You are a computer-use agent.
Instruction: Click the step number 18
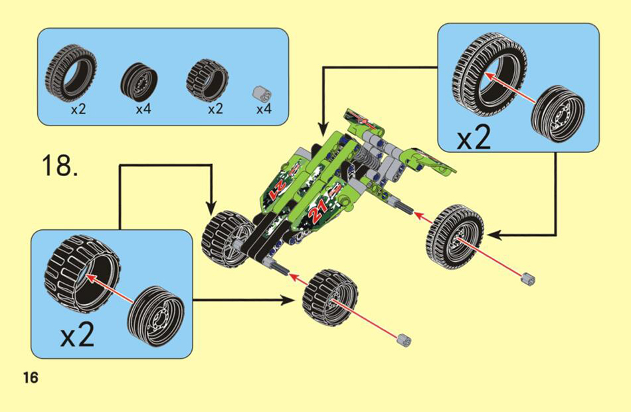(60, 164)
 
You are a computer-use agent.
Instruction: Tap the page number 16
(31, 377)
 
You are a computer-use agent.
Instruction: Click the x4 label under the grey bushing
(264, 109)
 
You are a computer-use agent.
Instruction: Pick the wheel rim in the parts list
(138, 80)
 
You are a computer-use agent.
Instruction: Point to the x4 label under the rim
(143, 109)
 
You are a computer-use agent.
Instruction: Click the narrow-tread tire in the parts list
(71, 72)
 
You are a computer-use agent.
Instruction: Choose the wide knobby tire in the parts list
(207, 79)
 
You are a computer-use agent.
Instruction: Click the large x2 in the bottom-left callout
(78, 334)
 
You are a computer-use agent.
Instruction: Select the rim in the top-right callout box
(557, 113)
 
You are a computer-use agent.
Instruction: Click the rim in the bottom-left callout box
(155, 316)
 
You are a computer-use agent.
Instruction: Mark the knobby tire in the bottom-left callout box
(82, 274)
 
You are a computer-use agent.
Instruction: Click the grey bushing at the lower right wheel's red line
(528, 278)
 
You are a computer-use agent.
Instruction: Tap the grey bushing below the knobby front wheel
(404, 340)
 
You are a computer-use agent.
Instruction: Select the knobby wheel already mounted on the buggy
(227, 239)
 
